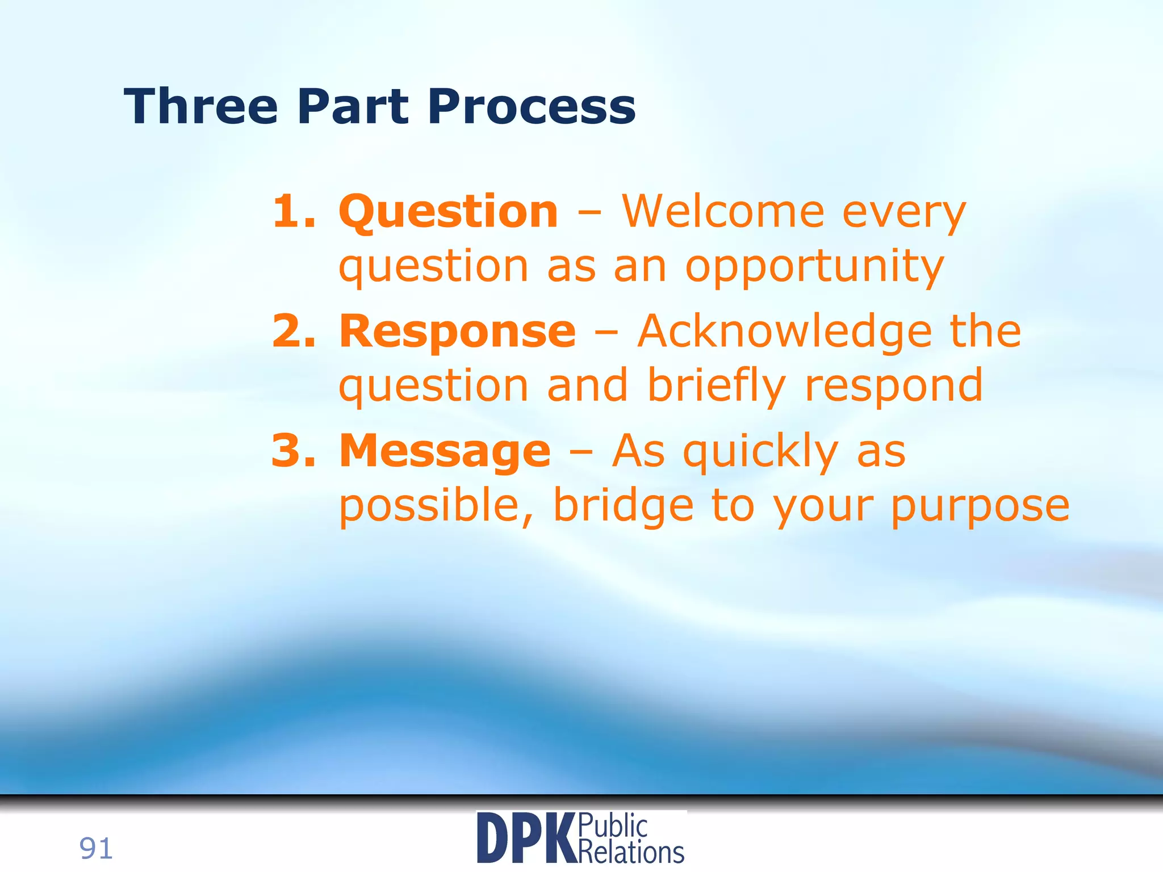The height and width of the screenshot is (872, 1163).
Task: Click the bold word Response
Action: pyautogui.click(x=457, y=333)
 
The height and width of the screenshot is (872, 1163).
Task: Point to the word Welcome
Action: pyautogui.click(x=722, y=212)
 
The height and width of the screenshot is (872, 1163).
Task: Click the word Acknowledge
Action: pyautogui.click(x=784, y=332)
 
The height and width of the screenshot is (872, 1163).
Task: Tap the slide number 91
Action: pyautogui.click(x=96, y=849)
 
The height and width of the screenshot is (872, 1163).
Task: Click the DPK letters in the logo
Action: pyautogui.click(x=526, y=839)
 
